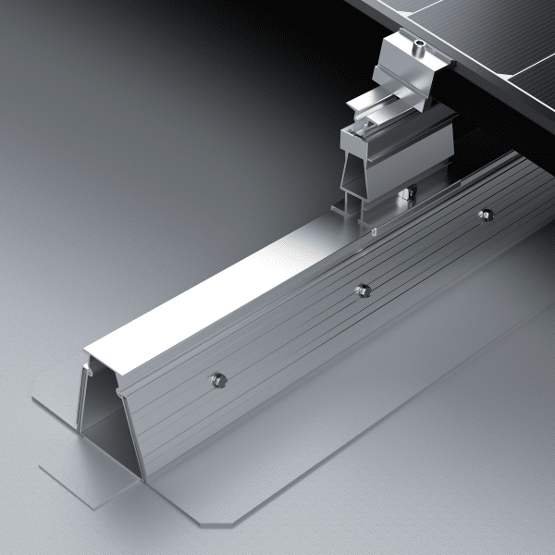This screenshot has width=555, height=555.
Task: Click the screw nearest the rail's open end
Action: [x=218, y=377]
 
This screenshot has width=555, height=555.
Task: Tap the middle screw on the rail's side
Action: [x=363, y=289]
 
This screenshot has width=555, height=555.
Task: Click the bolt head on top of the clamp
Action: [x=419, y=42]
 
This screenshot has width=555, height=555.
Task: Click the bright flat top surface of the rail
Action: [x=213, y=296]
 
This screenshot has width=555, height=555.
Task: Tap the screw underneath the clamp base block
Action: [x=408, y=192]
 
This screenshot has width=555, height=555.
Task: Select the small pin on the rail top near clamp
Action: [x=373, y=231]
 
